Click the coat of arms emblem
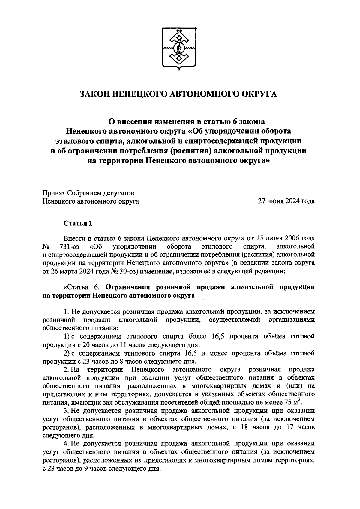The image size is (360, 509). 179,49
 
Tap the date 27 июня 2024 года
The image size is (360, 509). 286,201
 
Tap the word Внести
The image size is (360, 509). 74,238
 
